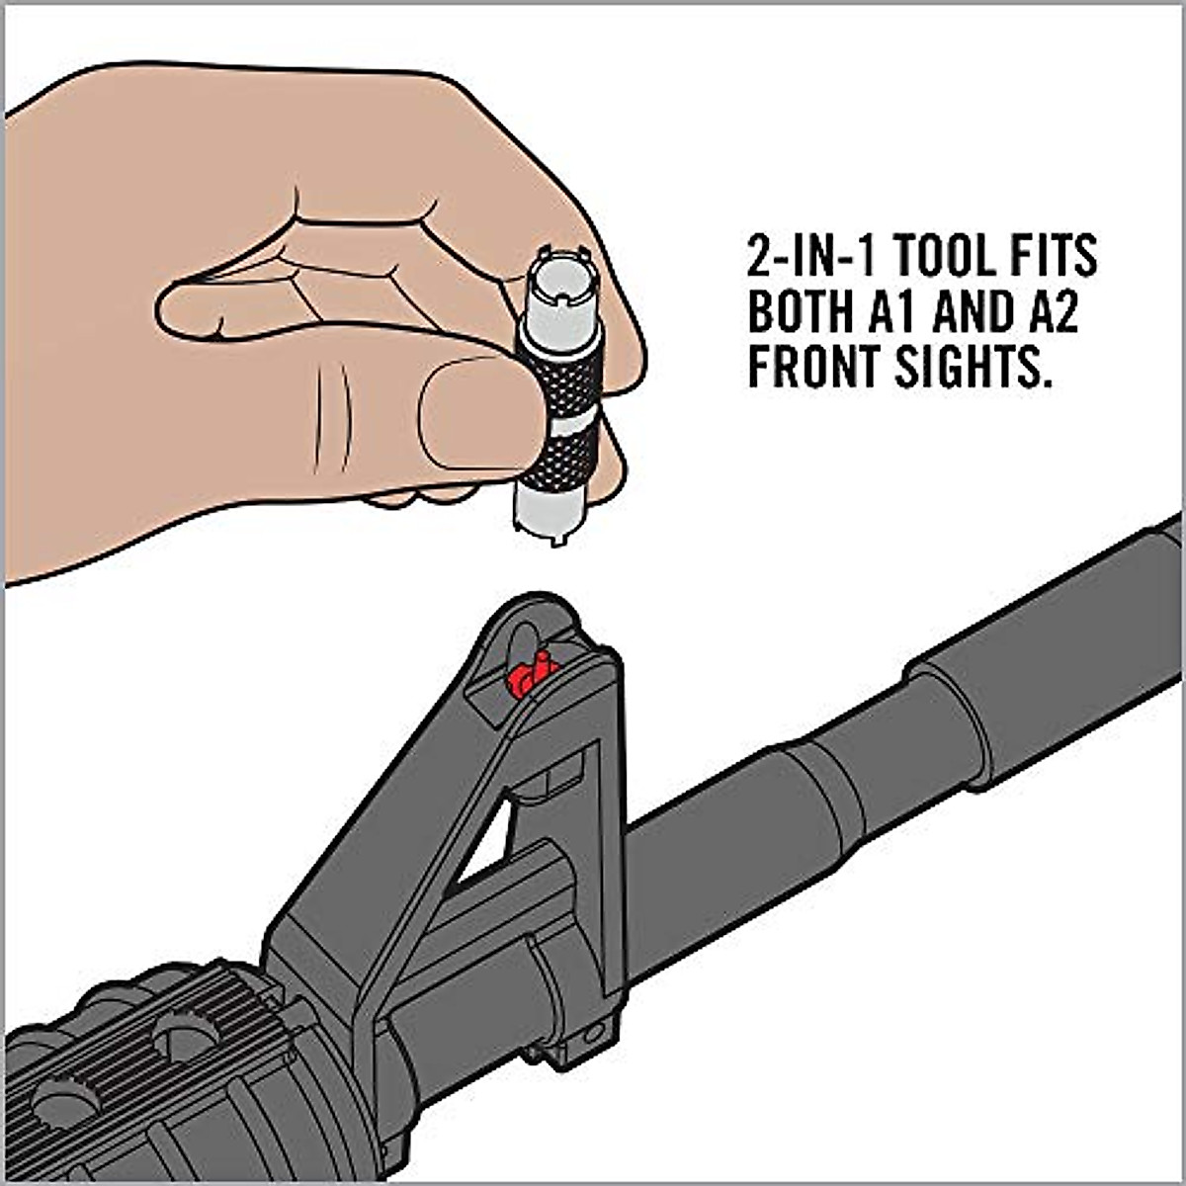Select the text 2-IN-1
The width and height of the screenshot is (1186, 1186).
(809, 258)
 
